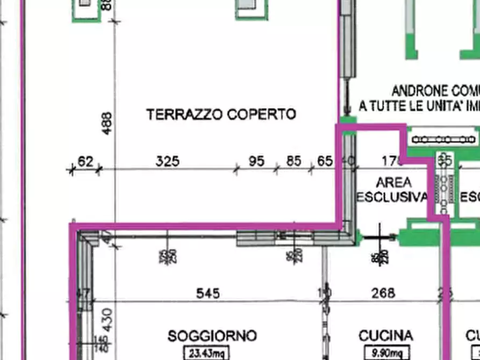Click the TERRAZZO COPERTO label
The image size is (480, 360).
click(221, 114)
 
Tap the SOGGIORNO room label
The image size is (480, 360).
click(212, 336)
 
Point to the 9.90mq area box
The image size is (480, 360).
click(386, 353)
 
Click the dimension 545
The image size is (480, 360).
click(208, 293)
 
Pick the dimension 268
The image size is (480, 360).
click(384, 293)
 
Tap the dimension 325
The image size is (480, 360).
click(167, 161)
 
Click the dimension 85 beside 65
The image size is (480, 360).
click(293, 161)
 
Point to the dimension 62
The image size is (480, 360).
click(85, 161)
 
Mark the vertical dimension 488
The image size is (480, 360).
click(106, 123)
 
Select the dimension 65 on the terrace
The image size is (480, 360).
click(325, 161)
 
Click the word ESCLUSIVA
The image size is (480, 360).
click(391, 197)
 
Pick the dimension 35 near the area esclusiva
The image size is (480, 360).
click(445, 160)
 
